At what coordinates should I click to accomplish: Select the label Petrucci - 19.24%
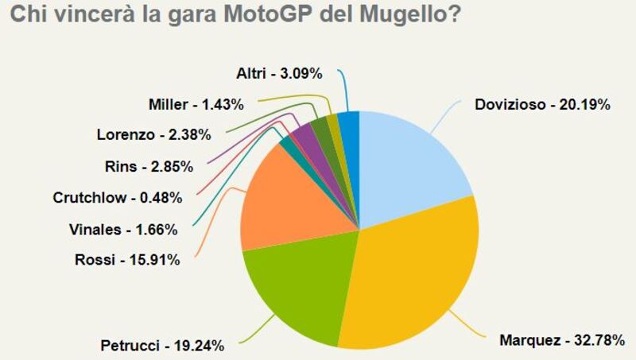pyautogui.click(x=162, y=345)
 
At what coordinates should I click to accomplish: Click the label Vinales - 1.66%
pyautogui.click(x=123, y=230)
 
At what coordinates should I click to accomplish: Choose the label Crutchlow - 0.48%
pyautogui.click(x=117, y=197)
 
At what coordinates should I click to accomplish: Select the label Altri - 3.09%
pyautogui.click(x=278, y=74)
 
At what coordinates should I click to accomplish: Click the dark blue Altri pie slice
pyautogui.click(x=349, y=129)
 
